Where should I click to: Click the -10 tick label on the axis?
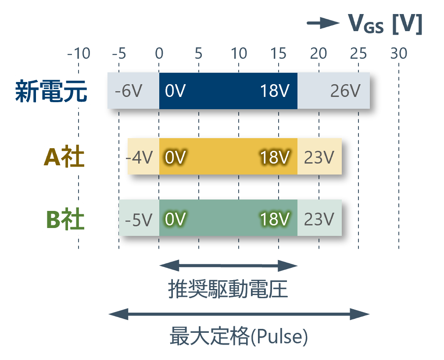click(79, 53)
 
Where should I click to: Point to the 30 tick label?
click(398, 53)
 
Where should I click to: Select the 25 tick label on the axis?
click(358, 53)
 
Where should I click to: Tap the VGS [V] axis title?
click(385, 24)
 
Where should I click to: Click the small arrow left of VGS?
click(323, 23)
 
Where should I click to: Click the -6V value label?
click(128, 91)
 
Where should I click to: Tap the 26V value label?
click(345, 91)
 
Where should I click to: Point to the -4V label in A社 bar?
click(139, 157)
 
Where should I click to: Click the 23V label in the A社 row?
click(319, 157)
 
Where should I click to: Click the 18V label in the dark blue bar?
click(275, 91)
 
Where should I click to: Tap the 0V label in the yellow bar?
click(175, 157)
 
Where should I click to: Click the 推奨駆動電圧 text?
click(228, 289)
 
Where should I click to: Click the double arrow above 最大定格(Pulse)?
click(239, 314)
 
